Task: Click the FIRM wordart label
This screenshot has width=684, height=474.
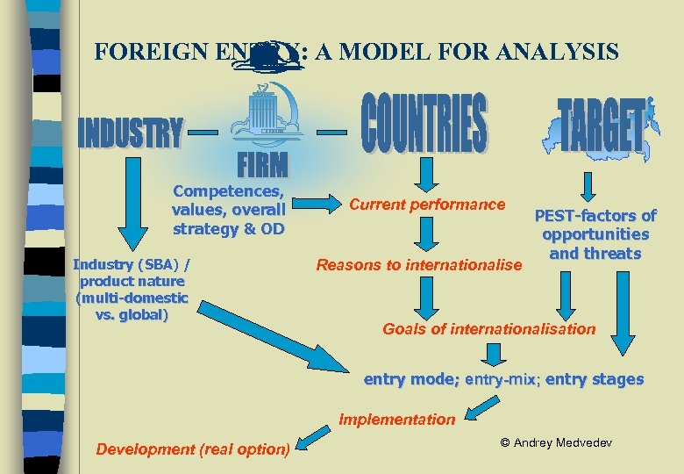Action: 261,164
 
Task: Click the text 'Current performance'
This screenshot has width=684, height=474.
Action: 427,205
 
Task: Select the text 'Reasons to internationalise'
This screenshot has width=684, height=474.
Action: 418,264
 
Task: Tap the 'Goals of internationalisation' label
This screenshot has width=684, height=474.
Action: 488,329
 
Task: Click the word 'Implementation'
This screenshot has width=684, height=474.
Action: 397,419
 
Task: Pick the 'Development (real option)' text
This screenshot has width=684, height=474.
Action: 193,449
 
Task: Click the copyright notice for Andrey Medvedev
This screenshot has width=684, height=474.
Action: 556,442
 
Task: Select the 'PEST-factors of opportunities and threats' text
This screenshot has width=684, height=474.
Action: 595,234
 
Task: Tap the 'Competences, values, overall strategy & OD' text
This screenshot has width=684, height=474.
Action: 229,210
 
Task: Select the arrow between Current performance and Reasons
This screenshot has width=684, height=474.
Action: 426,234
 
